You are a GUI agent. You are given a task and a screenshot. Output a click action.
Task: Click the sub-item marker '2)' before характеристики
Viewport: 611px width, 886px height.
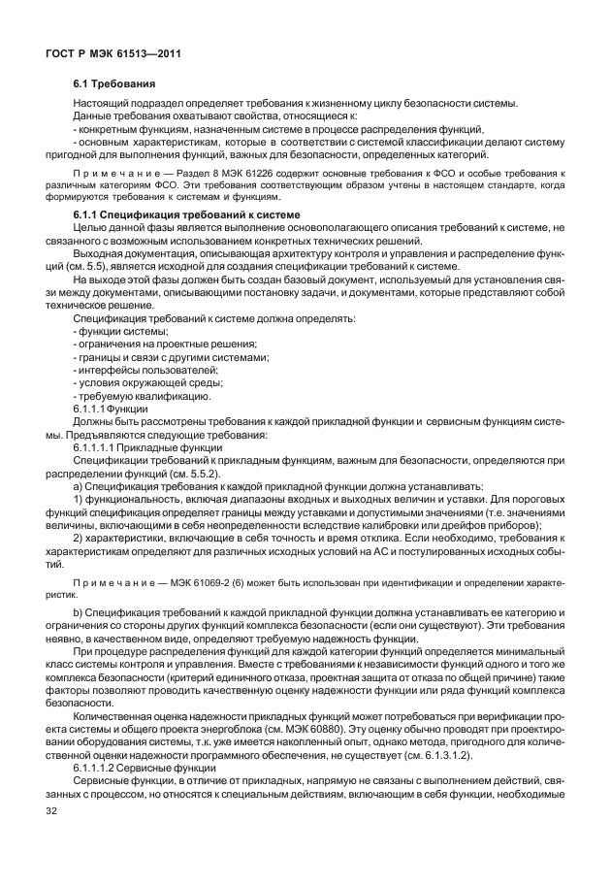coord(80,538)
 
